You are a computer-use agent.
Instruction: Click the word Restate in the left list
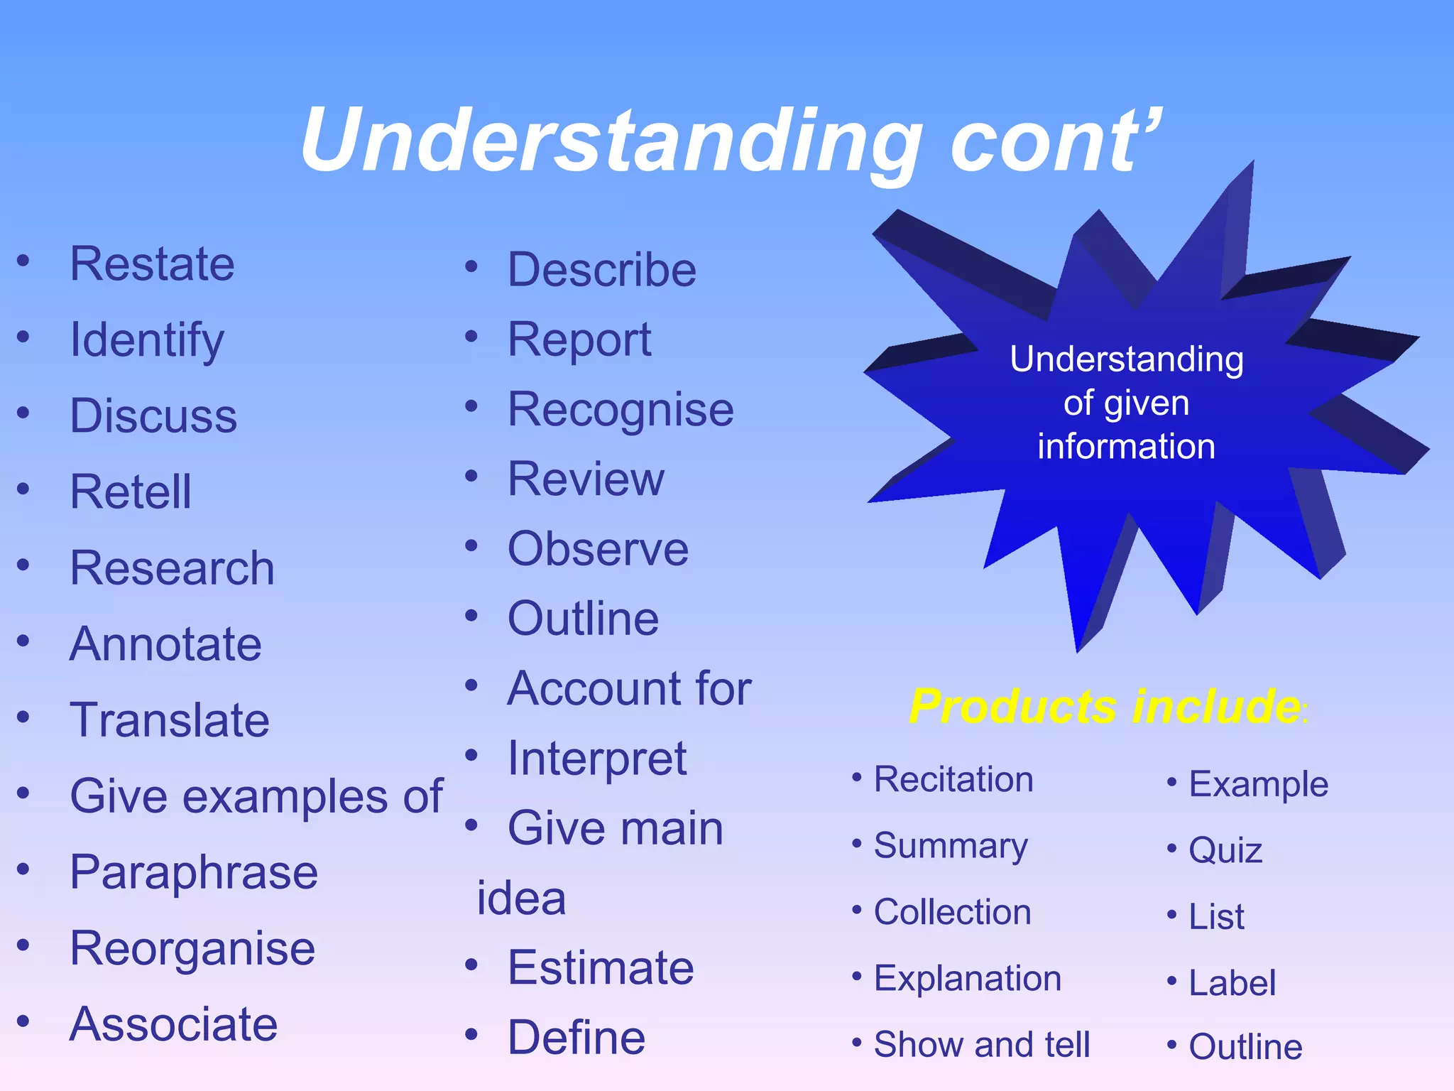pos(152,264)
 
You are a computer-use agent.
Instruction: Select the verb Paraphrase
pos(194,873)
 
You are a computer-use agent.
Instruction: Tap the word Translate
pos(170,720)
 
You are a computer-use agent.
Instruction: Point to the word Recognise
pos(621,411)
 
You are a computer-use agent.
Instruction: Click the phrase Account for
pos(629,688)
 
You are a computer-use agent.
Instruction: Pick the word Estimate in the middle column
pos(601,968)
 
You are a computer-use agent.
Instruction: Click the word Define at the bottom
pos(576,1038)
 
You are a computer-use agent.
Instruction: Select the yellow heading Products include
pos(1105,707)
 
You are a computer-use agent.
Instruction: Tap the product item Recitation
pos(953,780)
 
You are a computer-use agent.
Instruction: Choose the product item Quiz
pos(1225,850)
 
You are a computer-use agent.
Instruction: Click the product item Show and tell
pos(981,1045)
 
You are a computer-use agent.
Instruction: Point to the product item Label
pos(1232,984)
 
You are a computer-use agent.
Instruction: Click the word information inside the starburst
pos(1126,447)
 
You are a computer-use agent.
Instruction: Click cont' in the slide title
pos(1055,141)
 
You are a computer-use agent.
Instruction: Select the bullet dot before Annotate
pos(23,641)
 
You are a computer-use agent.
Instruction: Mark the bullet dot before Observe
pos(471,546)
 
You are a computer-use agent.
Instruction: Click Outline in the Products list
pos(1245,1047)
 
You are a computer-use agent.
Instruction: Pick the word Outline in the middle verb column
pos(583,619)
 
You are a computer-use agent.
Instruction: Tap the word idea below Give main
pos(521,899)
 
